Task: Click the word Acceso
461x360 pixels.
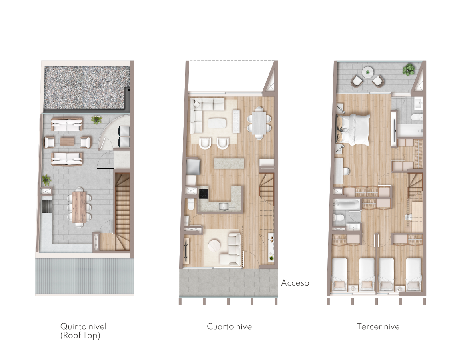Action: (295, 283)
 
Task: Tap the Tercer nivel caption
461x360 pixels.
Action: (379, 326)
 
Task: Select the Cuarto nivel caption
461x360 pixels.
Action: (230, 326)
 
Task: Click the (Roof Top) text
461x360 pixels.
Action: (80, 335)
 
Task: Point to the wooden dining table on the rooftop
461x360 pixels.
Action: (79, 207)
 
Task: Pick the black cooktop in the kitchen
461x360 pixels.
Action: (203, 194)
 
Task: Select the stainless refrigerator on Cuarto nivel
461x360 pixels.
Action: (193, 167)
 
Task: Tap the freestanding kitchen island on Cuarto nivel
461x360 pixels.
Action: (229, 163)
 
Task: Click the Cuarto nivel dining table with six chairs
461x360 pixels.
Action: (259, 123)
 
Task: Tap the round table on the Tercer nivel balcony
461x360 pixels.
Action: (367, 72)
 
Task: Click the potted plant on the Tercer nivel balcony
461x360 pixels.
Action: (409, 69)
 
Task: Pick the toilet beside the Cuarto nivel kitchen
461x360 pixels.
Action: (191, 204)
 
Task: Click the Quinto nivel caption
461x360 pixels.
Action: (83, 326)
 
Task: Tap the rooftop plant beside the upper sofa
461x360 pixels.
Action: (96, 119)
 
